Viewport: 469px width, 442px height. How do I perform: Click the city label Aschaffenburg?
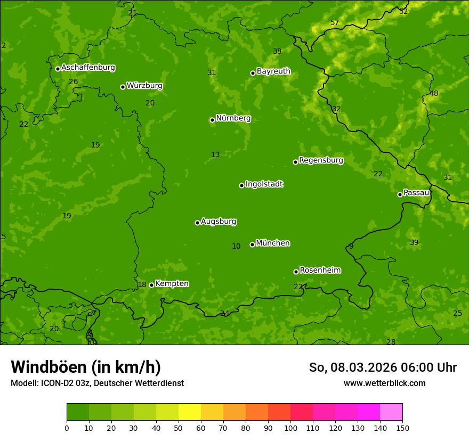tap(88, 68)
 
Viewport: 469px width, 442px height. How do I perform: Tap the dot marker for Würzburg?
tap(123, 87)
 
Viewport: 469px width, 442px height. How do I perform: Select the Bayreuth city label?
tap(273, 71)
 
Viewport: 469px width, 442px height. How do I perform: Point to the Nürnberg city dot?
tap(212, 120)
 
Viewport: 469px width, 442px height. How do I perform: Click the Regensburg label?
tap(321, 160)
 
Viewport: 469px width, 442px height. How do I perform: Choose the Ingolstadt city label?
tap(264, 184)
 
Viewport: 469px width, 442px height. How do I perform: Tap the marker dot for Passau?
tap(400, 194)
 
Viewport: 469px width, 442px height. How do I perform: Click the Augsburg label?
tap(219, 221)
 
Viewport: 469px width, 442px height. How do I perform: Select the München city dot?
tap(252, 245)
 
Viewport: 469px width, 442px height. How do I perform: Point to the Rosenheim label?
tap(320, 270)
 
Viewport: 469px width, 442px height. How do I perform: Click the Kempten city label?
tap(172, 283)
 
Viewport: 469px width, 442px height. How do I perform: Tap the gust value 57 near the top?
tap(334, 22)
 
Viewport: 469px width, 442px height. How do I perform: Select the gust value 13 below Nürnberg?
tap(215, 154)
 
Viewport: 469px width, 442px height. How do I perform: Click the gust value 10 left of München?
tap(236, 246)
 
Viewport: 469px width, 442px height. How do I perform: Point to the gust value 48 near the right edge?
tap(434, 93)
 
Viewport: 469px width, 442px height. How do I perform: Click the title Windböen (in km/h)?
tap(86, 367)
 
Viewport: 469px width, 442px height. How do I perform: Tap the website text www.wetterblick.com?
tap(384, 383)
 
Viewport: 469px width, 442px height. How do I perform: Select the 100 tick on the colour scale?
tap(290, 428)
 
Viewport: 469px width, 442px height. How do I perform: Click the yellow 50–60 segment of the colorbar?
tap(190, 412)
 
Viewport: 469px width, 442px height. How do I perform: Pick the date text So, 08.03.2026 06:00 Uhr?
tap(383, 367)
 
